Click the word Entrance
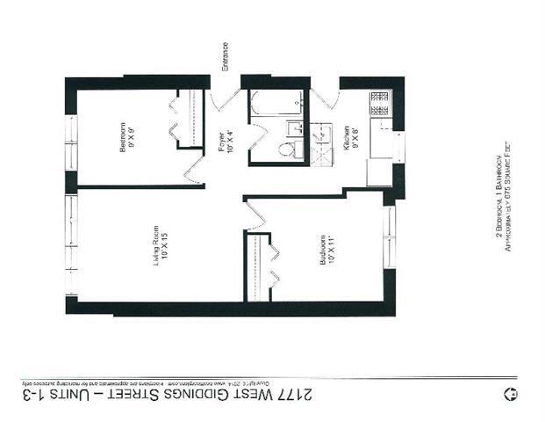(226, 57)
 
